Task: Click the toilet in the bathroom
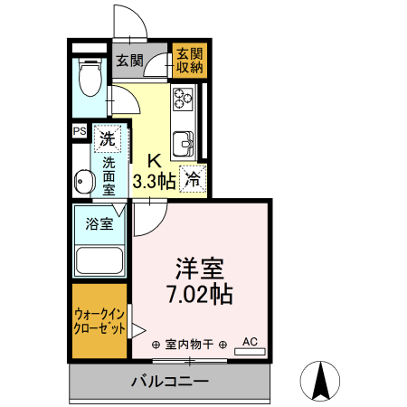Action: (90, 79)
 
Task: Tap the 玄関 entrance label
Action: (130, 62)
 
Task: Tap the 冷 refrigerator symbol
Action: (192, 179)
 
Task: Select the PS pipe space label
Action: (80, 130)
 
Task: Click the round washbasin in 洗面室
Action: (83, 181)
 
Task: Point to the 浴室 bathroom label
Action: (99, 223)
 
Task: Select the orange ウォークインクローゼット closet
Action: (99, 321)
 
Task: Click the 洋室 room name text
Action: (200, 269)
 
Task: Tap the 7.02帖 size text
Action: (200, 294)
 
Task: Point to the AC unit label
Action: (251, 341)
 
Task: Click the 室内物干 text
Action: (194, 345)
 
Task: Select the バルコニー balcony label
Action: (170, 381)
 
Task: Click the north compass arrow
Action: (319, 380)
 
